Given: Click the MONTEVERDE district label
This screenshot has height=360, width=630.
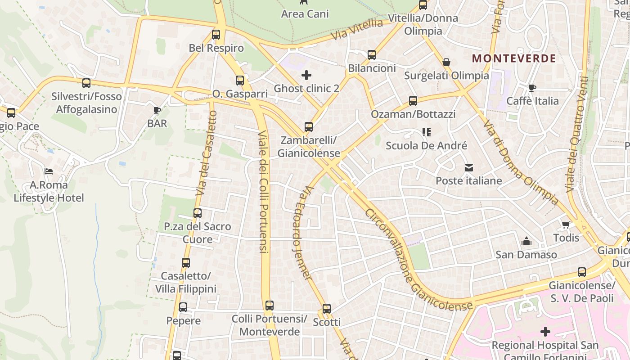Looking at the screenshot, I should coord(514,58).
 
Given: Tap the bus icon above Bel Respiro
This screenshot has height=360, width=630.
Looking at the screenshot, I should coord(216,35).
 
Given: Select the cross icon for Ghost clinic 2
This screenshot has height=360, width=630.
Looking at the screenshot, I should coord(306,75).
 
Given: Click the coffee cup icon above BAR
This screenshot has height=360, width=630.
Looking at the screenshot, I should coord(157,110).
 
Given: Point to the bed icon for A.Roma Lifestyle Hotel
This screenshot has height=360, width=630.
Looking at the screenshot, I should coord(49,171).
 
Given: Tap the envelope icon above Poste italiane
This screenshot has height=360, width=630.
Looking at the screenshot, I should coord(469,168).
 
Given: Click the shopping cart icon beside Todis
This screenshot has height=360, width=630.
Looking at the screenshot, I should coord(566,225).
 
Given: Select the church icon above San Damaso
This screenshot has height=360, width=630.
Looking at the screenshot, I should coord(526,242).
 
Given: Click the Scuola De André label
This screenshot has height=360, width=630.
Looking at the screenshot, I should coord(427,146).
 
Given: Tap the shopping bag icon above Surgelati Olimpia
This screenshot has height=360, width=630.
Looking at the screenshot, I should coord(446,62).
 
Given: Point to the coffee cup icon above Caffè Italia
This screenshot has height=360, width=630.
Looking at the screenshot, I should coord(532,88).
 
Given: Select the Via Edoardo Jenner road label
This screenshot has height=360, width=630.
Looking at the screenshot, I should coord(302,233).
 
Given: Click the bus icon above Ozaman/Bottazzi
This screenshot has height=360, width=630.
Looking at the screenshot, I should coord(413,101).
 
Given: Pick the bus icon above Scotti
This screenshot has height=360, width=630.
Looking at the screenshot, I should coord(327,309).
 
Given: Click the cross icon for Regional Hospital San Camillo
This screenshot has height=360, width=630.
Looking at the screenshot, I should coord(545,332).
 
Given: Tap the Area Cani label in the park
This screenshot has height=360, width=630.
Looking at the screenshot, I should coord(305,14).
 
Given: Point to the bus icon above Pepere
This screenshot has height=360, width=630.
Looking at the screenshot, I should coord(183,307).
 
